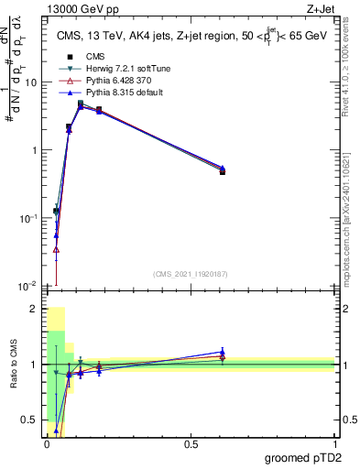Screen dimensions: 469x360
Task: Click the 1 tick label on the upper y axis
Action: tap(35, 150)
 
